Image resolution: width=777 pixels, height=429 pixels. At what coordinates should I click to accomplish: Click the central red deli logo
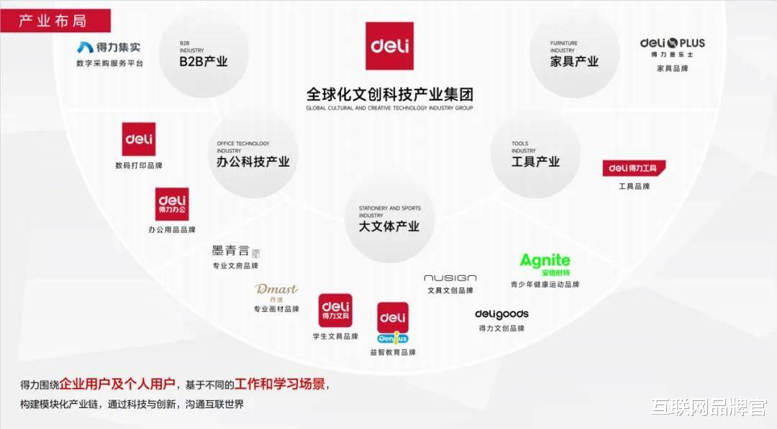tap(389, 46)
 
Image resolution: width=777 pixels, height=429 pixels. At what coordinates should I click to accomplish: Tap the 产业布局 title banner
tap(55, 20)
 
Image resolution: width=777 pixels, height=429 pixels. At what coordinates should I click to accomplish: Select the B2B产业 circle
tap(204, 54)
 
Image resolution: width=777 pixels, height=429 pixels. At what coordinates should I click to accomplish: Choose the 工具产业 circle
tap(535, 154)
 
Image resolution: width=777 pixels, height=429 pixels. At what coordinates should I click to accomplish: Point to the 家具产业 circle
tap(574, 54)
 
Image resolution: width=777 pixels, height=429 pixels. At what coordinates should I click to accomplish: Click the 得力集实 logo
tap(109, 47)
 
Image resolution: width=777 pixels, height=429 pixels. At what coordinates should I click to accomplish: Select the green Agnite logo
tap(545, 264)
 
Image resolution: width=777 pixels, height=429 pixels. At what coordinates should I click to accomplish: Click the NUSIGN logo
tap(450, 278)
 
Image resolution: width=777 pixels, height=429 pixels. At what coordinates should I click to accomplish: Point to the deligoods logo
tap(501, 314)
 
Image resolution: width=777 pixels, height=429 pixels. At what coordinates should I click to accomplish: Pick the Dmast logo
tap(276, 291)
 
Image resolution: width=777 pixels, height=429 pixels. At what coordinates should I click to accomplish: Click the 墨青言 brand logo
tap(235, 252)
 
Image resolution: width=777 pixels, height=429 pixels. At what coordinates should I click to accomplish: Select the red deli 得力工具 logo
tap(634, 168)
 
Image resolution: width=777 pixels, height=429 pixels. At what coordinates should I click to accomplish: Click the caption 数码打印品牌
tap(139, 165)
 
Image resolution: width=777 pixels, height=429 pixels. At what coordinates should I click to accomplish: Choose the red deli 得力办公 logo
tap(172, 204)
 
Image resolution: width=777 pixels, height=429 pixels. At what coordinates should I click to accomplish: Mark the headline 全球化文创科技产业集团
tap(389, 95)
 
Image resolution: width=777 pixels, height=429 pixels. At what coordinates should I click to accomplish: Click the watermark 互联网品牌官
tap(709, 407)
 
